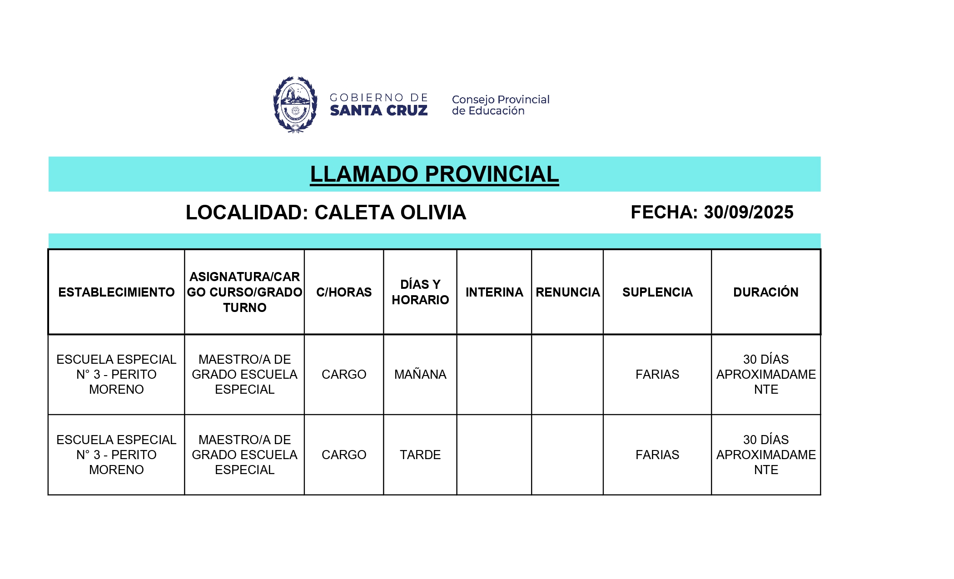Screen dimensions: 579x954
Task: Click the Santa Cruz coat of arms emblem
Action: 295,104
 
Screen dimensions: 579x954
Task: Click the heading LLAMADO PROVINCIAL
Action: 434,174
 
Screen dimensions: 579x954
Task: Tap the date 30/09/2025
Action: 748,212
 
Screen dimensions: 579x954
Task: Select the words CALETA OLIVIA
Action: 390,213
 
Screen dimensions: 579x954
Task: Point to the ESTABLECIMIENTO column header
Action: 116,292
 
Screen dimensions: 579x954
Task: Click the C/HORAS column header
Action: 344,292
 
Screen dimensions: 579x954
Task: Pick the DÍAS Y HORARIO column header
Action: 420,292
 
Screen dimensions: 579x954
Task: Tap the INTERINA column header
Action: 494,292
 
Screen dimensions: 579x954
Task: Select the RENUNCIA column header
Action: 567,292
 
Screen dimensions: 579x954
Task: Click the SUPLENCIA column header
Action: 657,292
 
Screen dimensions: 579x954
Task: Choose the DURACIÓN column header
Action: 766,292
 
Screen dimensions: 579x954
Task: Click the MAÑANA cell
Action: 420,375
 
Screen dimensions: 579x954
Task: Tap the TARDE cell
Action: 420,455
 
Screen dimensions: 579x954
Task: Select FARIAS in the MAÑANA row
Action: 657,375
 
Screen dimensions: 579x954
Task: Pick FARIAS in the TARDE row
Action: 657,455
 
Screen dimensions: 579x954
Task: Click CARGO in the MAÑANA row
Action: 344,375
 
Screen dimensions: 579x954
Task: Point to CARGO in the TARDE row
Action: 344,455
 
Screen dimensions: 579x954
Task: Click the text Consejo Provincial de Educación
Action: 500,105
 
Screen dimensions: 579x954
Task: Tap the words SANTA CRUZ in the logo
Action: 378,110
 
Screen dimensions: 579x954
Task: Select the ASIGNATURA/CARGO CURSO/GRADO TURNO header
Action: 244,292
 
